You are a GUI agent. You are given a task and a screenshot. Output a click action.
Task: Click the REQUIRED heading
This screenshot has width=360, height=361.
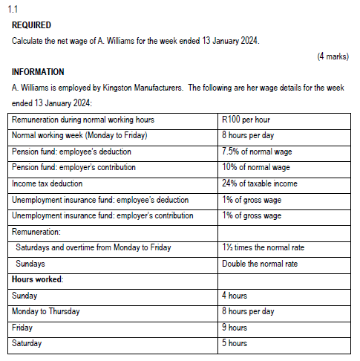[x=31, y=25]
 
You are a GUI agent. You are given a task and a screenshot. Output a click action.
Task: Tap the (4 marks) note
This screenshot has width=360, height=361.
[x=332, y=56]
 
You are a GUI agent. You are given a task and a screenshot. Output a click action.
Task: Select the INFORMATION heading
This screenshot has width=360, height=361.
[x=38, y=72]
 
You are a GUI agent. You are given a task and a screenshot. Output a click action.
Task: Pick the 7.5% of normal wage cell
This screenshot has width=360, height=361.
[x=255, y=152]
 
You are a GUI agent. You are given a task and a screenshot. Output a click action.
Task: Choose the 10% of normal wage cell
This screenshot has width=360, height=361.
[x=255, y=167]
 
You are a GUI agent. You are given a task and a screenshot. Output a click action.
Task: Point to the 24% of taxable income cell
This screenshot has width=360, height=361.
[x=260, y=183]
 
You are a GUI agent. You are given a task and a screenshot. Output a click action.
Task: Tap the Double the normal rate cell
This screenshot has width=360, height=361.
[x=259, y=263]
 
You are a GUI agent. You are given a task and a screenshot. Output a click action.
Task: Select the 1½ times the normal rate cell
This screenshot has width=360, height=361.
[x=263, y=247]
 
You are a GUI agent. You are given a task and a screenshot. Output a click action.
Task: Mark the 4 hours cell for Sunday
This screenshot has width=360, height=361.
[x=235, y=296]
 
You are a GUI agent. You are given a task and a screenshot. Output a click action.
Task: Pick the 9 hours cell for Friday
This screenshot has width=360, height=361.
[x=235, y=328]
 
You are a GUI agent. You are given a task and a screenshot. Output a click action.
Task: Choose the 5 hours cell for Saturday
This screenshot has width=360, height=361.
[x=235, y=343]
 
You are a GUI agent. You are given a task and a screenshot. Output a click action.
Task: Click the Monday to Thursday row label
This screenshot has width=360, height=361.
[x=46, y=311]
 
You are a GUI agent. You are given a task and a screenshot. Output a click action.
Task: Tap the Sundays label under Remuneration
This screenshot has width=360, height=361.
[x=30, y=263]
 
